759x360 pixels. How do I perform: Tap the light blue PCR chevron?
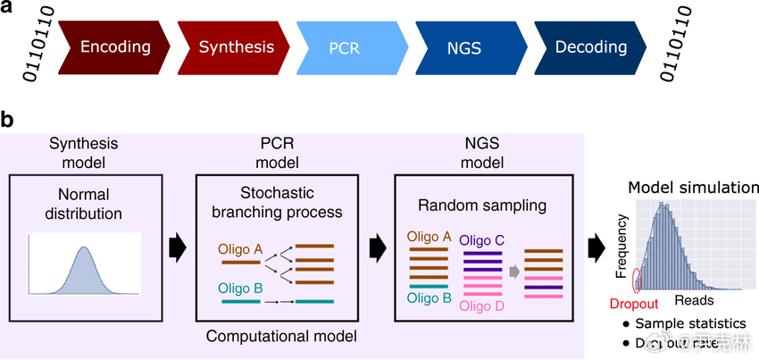tap(344, 46)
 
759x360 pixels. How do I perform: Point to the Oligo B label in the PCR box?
tap(238, 288)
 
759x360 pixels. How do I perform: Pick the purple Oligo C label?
tap(481, 240)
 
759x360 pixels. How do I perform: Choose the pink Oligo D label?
tap(481, 306)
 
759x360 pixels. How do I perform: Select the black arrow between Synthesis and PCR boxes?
tap(179, 243)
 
